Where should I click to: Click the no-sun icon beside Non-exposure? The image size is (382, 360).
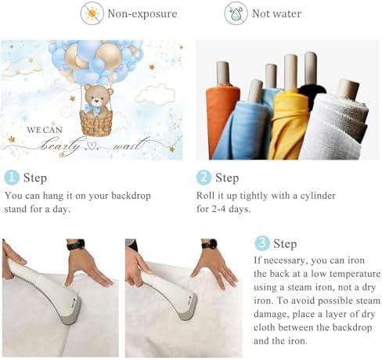point(92,13)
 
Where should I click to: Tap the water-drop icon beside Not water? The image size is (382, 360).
point(236,13)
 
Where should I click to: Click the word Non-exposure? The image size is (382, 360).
point(142,13)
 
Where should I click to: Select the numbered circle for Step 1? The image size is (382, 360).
point(12,178)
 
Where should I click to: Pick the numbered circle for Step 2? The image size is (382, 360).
point(204,178)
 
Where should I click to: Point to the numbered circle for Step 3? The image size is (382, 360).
point(262,243)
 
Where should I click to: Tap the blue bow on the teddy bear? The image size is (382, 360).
point(92,110)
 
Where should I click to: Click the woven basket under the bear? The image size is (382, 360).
point(96,123)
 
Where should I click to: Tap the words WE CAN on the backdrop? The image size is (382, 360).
point(45,130)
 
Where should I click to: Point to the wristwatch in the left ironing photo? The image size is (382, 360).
point(76,245)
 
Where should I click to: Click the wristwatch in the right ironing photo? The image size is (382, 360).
point(210,244)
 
